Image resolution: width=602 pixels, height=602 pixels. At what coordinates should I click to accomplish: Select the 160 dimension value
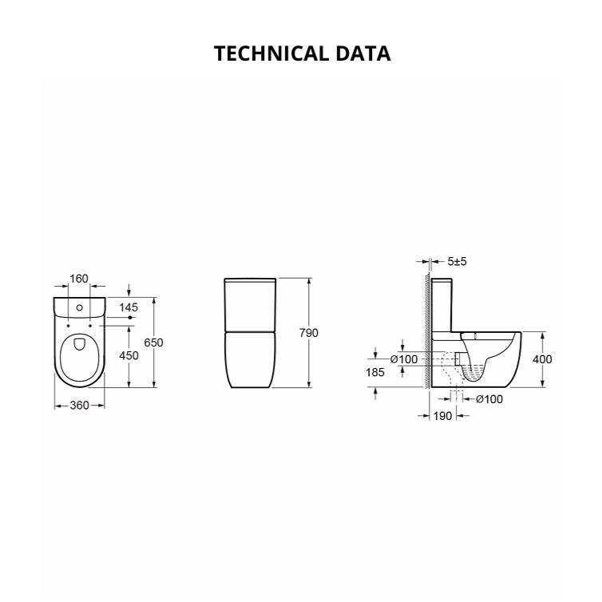pos(78,279)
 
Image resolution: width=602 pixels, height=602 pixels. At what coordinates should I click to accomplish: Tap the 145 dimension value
pos(129,307)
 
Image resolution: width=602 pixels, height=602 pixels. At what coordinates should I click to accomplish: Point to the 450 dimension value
pos(129,355)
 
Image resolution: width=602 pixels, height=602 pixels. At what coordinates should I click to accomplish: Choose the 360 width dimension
pos(78,406)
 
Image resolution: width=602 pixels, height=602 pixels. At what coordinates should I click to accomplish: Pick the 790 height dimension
pos(309,332)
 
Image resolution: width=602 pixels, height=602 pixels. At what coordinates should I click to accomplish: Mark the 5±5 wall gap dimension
pos(458,261)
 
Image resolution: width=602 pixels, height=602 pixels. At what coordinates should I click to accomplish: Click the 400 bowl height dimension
pos(542,359)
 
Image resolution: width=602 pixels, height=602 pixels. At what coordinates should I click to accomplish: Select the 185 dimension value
pos(376,373)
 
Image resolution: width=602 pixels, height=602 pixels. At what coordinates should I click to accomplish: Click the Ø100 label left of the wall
pos(403,359)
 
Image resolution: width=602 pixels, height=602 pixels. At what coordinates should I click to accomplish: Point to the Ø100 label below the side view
pos(489,399)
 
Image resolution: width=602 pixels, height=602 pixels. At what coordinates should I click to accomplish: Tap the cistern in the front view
pos(251,305)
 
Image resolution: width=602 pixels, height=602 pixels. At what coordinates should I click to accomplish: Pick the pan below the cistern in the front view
pos(251,360)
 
